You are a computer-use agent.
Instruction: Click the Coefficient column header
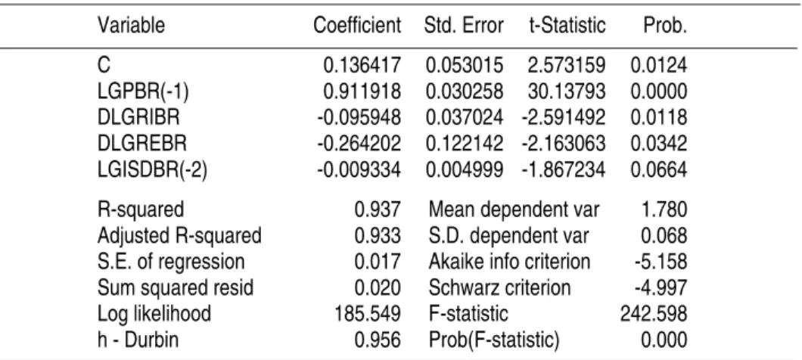(357, 25)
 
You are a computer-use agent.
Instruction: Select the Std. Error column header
(463, 25)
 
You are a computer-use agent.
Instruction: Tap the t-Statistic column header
(567, 25)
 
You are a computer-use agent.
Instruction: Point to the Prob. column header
(665, 25)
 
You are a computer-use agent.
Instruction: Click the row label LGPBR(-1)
(143, 92)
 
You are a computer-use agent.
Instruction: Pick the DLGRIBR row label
(138, 118)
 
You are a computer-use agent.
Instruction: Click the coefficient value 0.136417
(362, 66)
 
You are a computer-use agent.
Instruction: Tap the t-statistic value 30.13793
(567, 92)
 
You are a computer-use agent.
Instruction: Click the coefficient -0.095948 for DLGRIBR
(359, 118)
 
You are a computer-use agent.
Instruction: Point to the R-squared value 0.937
(378, 209)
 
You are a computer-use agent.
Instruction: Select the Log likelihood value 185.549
(368, 313)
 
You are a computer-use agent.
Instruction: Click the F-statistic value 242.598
(654, 313)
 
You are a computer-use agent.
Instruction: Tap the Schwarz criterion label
(499, 287)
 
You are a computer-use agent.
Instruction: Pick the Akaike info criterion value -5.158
(661, 262)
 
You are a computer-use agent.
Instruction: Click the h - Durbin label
(138, 340)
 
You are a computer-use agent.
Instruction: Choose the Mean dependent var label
(514, 209)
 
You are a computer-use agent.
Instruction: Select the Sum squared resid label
(176, 287)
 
